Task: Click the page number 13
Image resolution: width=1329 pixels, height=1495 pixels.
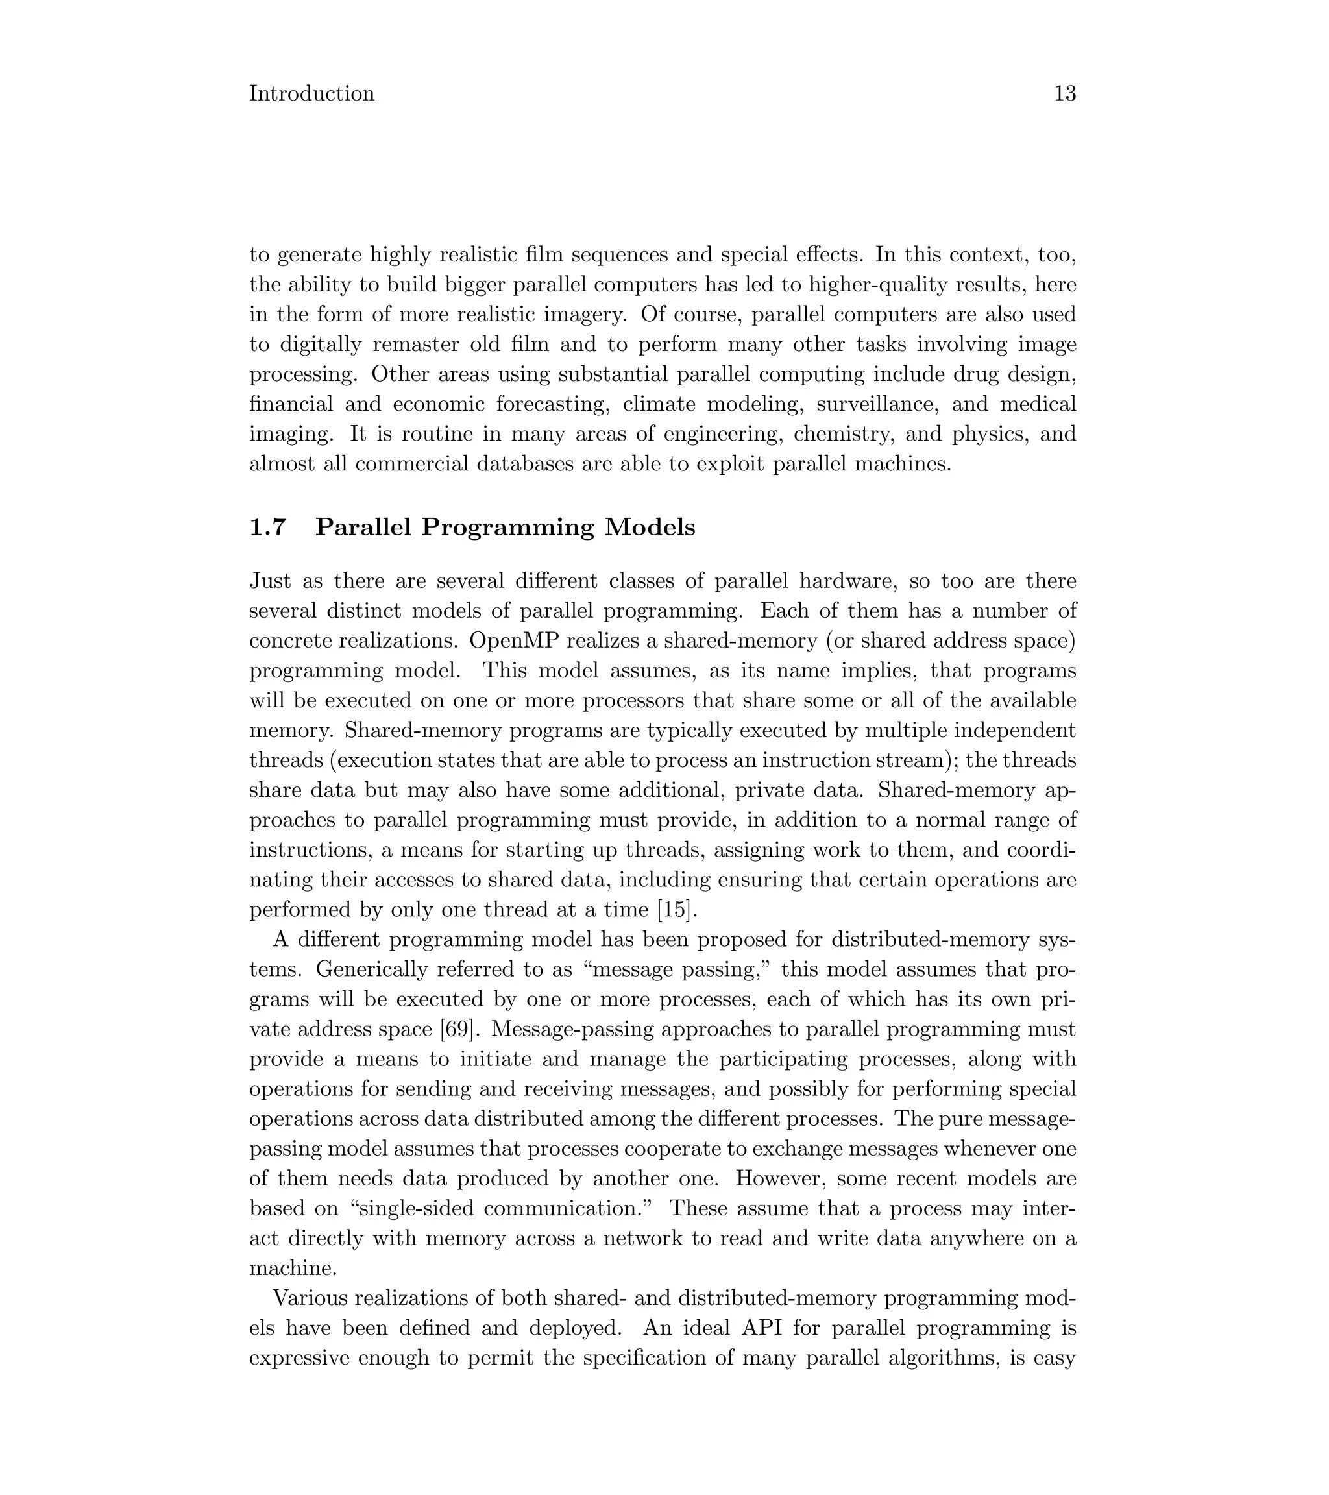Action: pyautogui.click(x=1064, y=93)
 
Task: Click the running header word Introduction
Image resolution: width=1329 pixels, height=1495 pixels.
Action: pyautogui.click(x=311, y=93)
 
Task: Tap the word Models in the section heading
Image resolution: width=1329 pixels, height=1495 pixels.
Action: pyautogui.click(x=649, y=528)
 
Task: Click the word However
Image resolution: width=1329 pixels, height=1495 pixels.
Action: pyautogui.click(x=781, y=1178)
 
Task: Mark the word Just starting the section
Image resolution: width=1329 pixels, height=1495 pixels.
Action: pyautogui.click(x=271, y=581)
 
